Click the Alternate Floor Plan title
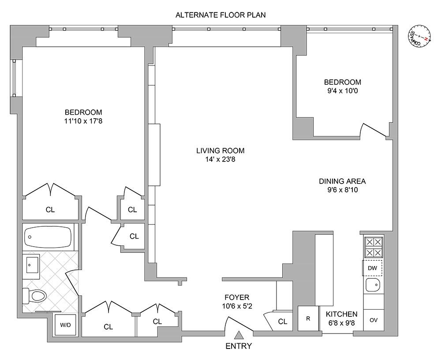coord(220,15)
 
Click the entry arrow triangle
coord(239,336)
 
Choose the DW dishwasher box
coord(373,268)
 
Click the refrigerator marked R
coord(307,318)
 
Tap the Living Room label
coord(220,151)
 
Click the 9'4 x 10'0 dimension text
coord(343,91)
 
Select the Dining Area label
coord(342,181)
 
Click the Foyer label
coord(237,297)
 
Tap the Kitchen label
coord(341,314)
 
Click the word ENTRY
coord(239,346)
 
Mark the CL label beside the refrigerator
coord(283,322)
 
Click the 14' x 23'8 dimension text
coord(220,160)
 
